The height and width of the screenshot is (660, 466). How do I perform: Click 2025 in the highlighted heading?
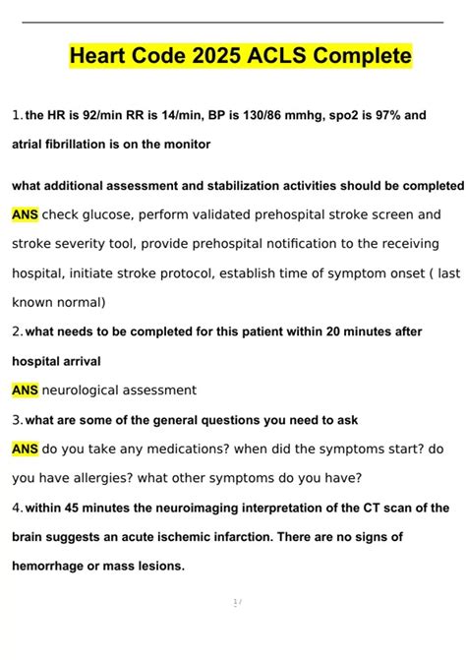click(x=214, y=57)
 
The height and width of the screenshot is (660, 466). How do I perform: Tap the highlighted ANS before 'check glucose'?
click(x=26, y=214)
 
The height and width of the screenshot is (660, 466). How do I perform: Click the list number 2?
click(x=17, y=332)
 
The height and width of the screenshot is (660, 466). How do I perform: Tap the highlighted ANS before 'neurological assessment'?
click(x=26, y=390)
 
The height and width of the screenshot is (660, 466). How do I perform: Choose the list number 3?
click(x=17, y=420)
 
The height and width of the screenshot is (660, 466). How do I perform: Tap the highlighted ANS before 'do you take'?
click(x=26, y=450)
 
